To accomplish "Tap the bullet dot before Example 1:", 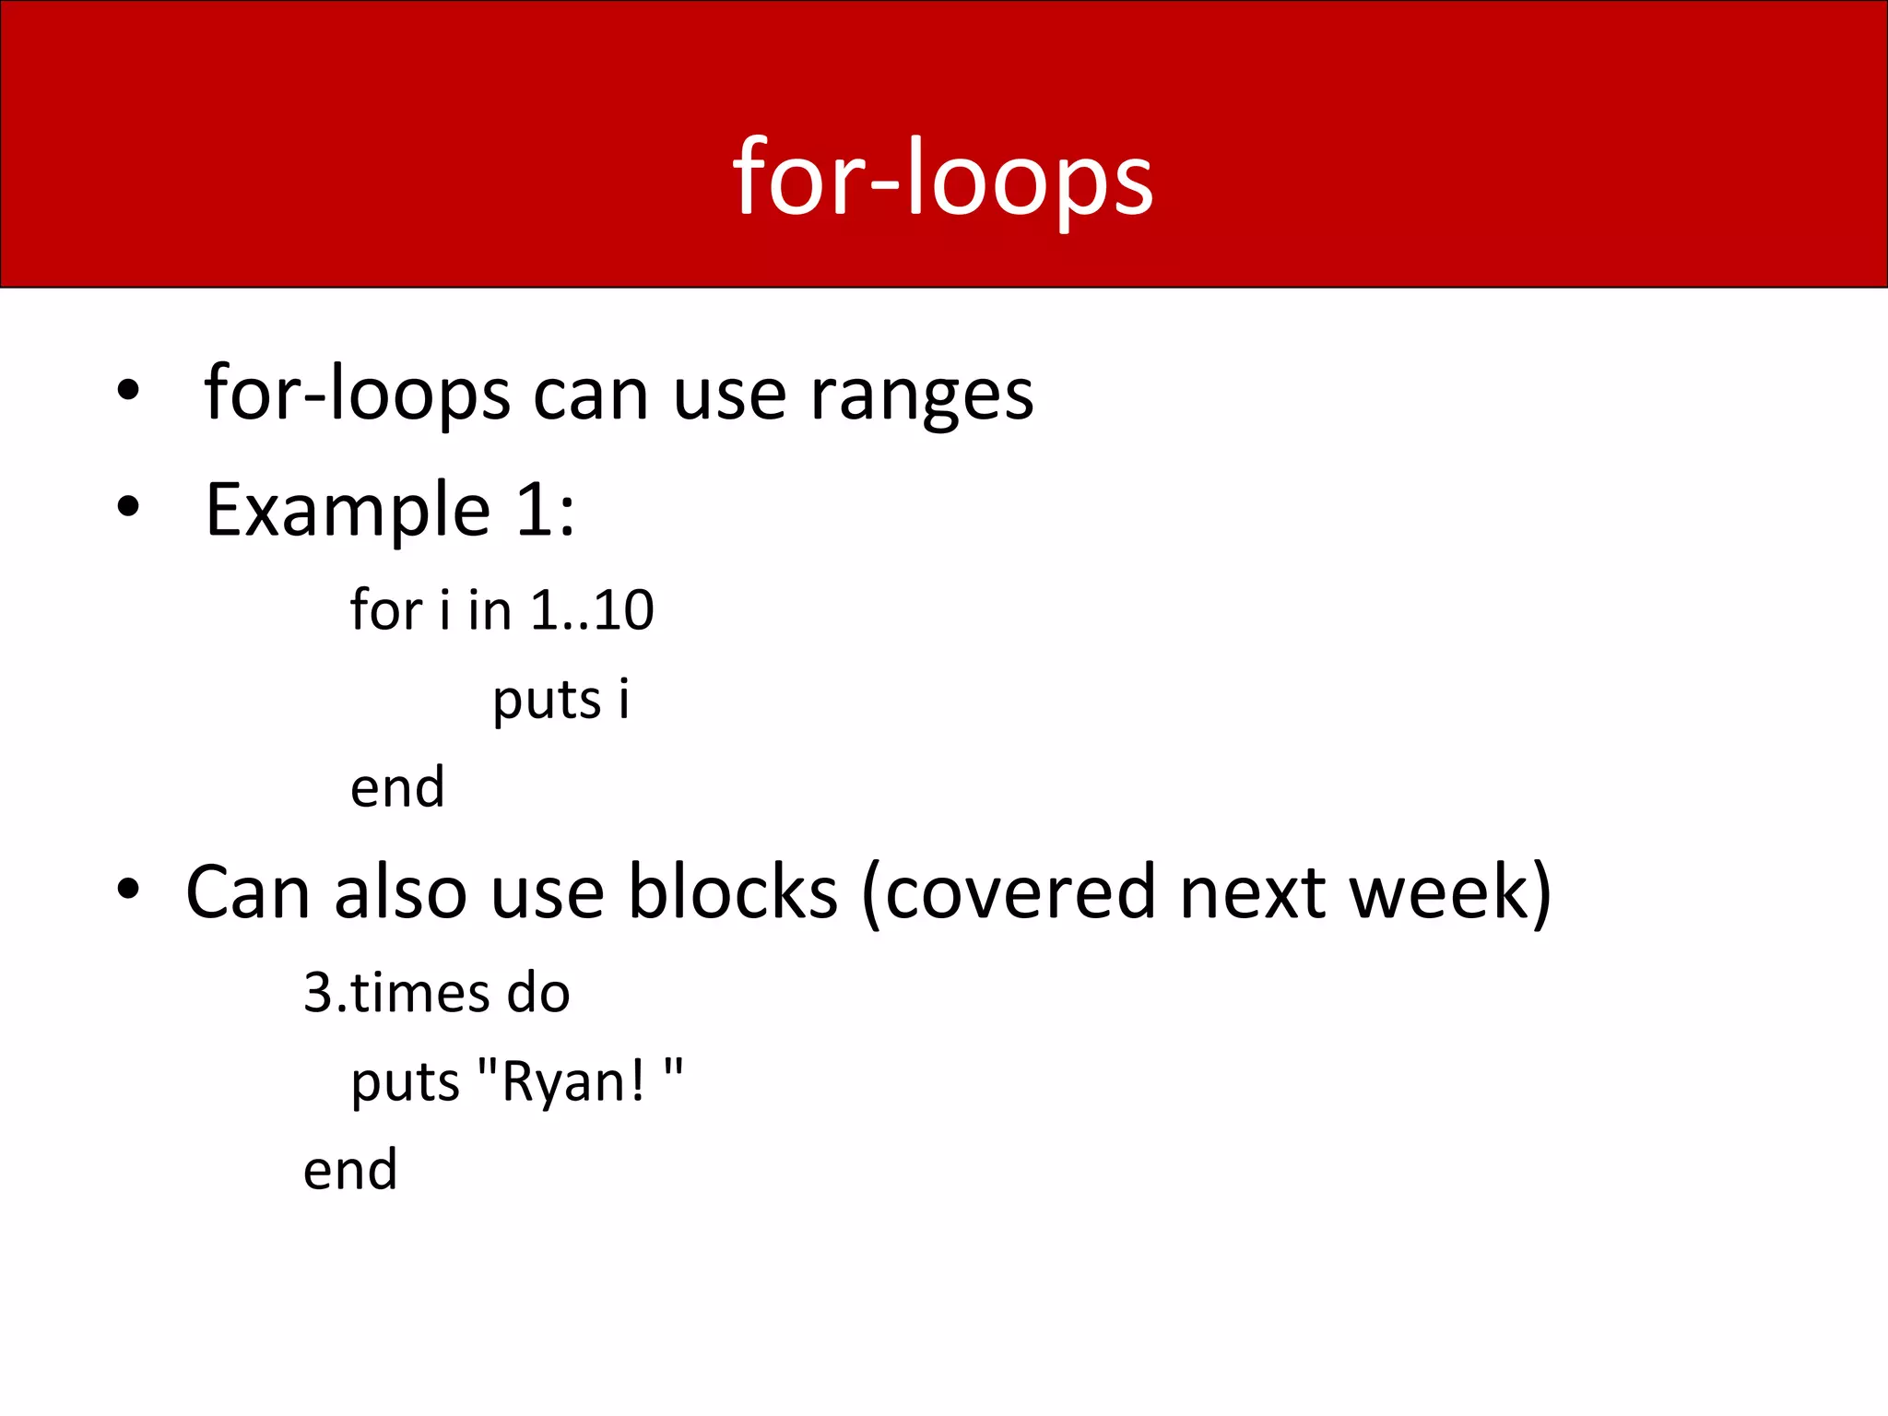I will [128, 506].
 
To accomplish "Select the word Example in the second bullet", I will [348, 510].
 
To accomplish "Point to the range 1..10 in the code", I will [593, 610].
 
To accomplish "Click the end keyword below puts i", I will [397, 788].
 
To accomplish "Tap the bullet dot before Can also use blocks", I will [128, 890].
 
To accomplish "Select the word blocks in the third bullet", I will [733, 892].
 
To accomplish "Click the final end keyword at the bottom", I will [350, 1171].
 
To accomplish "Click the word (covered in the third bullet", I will [1009, 892].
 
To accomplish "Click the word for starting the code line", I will [385, 610].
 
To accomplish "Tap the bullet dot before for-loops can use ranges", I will [128, 390].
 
